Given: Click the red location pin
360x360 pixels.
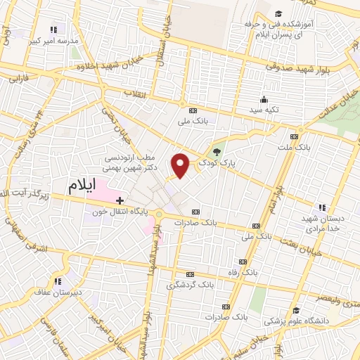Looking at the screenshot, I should (x=181, y=165).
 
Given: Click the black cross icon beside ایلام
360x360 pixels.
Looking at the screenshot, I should (x=120, y=200).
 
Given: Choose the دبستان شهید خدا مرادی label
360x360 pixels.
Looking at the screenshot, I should (x=321, y=224).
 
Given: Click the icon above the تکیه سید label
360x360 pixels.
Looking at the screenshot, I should (x=264, y=99).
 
